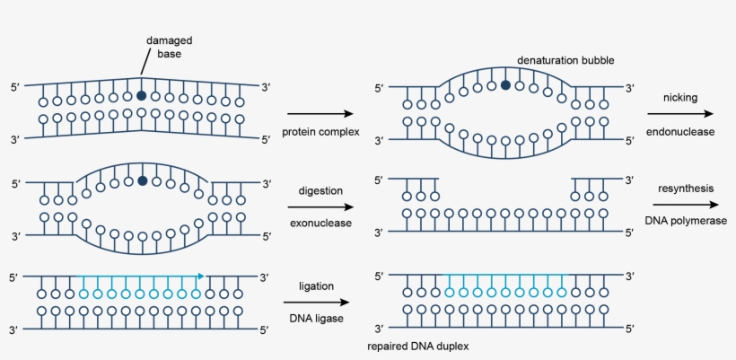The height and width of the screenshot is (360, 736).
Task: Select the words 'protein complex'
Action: [x=320, y=132]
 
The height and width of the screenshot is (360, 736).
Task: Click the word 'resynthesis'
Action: [x=684, y=188]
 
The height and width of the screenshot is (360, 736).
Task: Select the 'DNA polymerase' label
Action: [x=684, y=221]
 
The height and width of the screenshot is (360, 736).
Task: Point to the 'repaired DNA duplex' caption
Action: [x=418, y=346]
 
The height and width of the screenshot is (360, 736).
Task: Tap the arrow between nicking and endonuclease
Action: [x=683, y=114]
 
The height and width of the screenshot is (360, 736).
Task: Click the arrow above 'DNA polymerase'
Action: [x=684, y=205]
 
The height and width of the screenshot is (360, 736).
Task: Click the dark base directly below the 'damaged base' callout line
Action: [x=141, y=94]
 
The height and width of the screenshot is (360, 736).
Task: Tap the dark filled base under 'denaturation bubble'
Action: [x=506, y=85]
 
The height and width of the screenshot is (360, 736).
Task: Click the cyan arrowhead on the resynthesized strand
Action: [x=200, y=276]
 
